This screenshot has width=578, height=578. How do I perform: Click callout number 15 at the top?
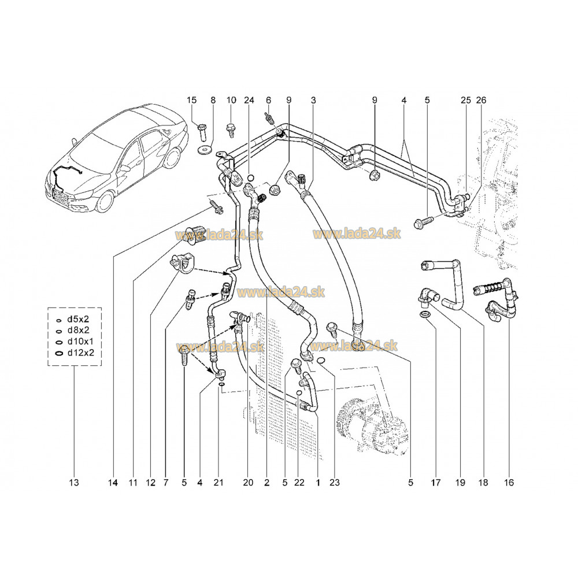point(191,101)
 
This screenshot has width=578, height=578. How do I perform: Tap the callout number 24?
point(249,101)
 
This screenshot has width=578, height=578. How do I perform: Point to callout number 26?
point(481,101)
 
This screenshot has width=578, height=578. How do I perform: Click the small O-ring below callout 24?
point(251,177)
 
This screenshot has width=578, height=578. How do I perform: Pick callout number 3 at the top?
point(313,101)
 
